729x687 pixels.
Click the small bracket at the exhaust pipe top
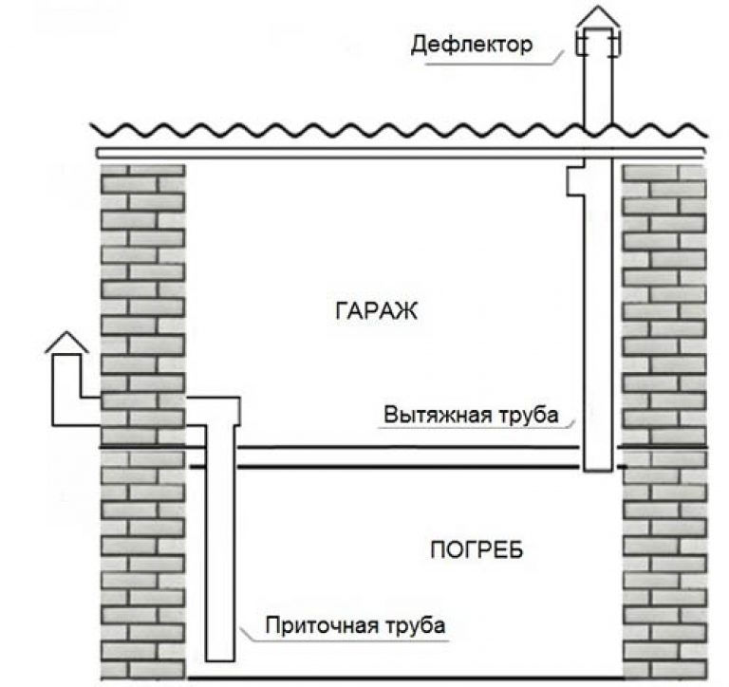point(574,179)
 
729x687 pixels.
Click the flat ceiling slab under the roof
point(399,152)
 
